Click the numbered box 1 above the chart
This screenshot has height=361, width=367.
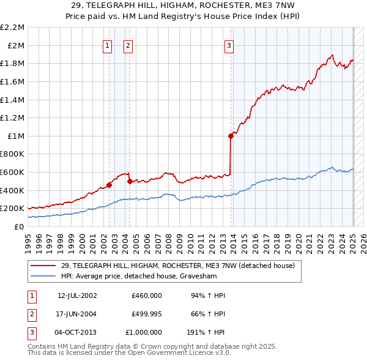pyautogui.click(x=108, y=45)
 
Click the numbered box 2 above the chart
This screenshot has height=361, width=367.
pyautogui.click(x=128, y=45)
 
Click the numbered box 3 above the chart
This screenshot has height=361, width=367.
pyautogui.click(x=229, y=45)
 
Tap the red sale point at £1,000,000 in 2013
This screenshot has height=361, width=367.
pyautogui.click(x=231, y=136)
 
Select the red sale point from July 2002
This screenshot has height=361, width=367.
pyautogui.click(x=109, y=184)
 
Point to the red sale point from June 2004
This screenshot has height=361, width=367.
pyautogui.click(x=130, y=181)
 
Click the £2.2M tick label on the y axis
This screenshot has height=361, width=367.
pyautogui.click(x=12, y=28)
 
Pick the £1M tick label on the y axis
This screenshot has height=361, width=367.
pyautogui.click(x=15, y=136)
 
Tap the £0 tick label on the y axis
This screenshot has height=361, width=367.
pyautogui.click(x=19, y=226)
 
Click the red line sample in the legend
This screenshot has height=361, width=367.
pyautogui.click(x=43, y=266)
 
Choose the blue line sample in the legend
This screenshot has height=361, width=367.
pyautogui.click(x=43, y=276)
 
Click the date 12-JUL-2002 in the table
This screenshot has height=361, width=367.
pyautogui.click(x=77, y=295)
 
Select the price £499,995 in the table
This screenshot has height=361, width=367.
pyautogui.click(x=147, y=313)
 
